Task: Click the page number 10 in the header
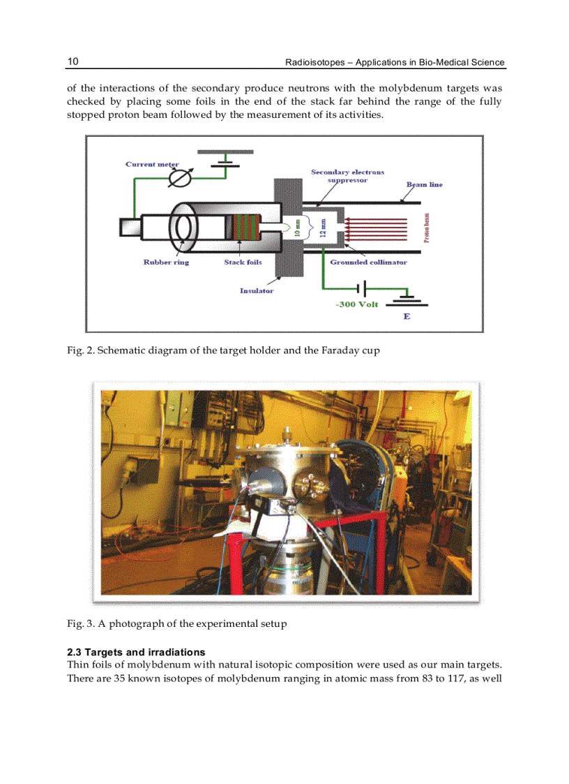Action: pyautogui.click(x=73, y=61)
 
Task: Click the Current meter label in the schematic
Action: pyautogui.click(x=152, y=164)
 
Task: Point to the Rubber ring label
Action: pyautogui.click(x=166, y=262)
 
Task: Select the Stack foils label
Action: pyautogui.click(x=243, y=262)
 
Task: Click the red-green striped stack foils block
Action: pyautogui.click(x=244, y=228)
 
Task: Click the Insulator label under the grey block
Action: pyautogui.click(x=257, y=290)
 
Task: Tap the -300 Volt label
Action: pyautogui.click(x=357, y=304)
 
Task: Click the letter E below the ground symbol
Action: pyautogui.click(x=407, y=316)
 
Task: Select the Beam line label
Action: pyautogui.click(x=424, y=184)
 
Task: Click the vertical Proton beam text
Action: pyautogui.click(x=426, y=228)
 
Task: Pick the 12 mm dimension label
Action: pyautogui.click(x=322, y=228)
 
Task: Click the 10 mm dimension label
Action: pyautogui.click(x=298, y=228)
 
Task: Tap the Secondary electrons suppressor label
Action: pyautogui.click(x=347, y=176)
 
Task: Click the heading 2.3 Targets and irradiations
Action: pyautogui.click(x=136, y=652)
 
